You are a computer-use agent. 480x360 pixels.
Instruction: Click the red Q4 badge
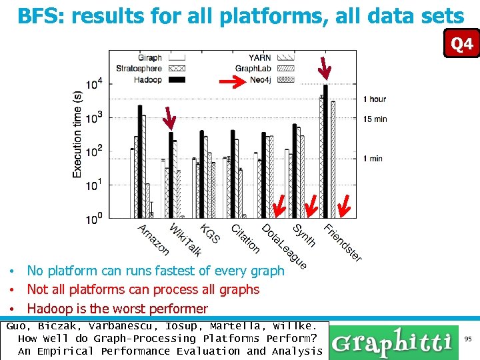point(461,45)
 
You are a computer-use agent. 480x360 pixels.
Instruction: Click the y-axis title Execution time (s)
point(78,134)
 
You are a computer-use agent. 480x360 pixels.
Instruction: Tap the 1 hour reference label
point(375,99)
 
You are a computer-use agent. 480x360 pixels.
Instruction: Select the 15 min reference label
point(375,119)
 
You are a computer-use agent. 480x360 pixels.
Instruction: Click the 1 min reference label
point(373,159)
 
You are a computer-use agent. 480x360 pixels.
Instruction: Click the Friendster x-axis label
point(343,242)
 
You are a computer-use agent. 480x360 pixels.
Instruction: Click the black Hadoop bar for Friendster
point(325,151)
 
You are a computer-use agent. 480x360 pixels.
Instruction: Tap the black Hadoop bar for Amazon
point(140,161)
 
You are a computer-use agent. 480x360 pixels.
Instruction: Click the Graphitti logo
point(392,342)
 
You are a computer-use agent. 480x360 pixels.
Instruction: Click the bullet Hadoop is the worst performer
point(117,309)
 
